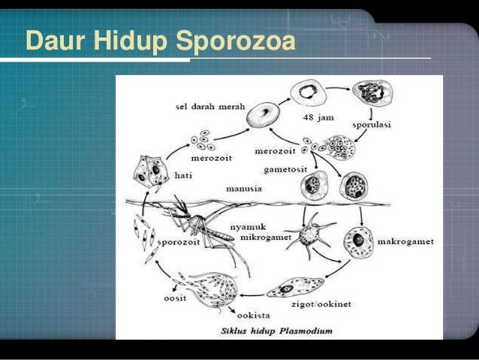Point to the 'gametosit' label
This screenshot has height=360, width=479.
(x=282, y=171)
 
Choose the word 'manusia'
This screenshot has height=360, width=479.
(x=244, y=189)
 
